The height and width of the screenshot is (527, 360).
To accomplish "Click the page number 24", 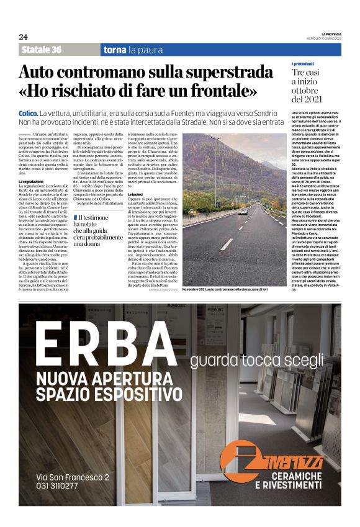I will point(23,37).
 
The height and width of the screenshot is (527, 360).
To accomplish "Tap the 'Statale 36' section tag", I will point(42,50).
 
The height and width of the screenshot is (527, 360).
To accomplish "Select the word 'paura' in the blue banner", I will point(146,50).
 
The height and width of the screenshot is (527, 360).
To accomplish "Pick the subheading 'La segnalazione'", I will point(31,181).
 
